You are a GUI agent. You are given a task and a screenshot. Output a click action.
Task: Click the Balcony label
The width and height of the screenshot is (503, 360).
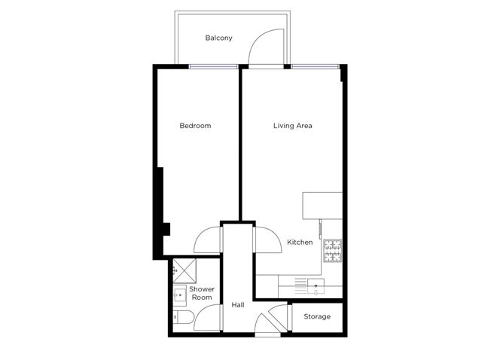coord(218,38)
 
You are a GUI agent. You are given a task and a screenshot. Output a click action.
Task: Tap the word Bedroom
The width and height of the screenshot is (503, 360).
coord(195,126)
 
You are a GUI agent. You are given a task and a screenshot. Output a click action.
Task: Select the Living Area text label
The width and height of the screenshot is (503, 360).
coord(292,126)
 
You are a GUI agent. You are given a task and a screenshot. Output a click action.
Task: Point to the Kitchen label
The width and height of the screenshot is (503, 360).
coord(300,243)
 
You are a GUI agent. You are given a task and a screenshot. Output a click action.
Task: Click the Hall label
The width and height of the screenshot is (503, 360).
coord(238,305)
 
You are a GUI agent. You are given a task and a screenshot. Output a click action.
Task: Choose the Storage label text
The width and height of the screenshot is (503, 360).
coord(317,316)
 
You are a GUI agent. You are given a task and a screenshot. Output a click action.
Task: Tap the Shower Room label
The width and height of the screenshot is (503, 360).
coord(202,293)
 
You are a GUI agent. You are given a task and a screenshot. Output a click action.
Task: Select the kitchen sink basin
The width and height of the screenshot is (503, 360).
coord(316,284)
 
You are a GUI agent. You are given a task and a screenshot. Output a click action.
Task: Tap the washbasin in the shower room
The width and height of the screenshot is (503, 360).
coord(181,294)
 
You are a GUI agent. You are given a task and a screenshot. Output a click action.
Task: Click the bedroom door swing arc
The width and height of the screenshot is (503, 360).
coord(208,240)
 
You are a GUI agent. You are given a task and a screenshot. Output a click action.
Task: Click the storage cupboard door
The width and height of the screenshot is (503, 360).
coord(282,316)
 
